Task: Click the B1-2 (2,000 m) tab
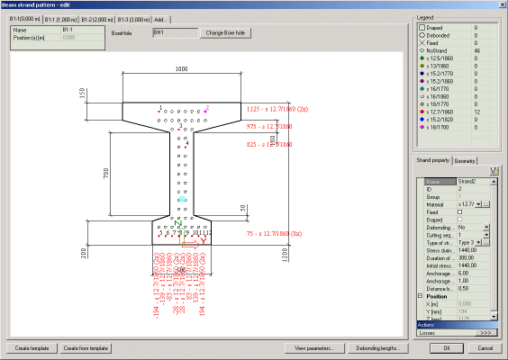tap(96, 18)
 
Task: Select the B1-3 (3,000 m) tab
tap(133, 18)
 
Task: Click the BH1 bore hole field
tap(174, 32)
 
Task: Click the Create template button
tap(32, 348)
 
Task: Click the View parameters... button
tap(313, 348)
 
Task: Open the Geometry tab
tap(465, 160)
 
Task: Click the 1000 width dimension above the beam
tap(182, 68)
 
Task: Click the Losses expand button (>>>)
tap(485, 332)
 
